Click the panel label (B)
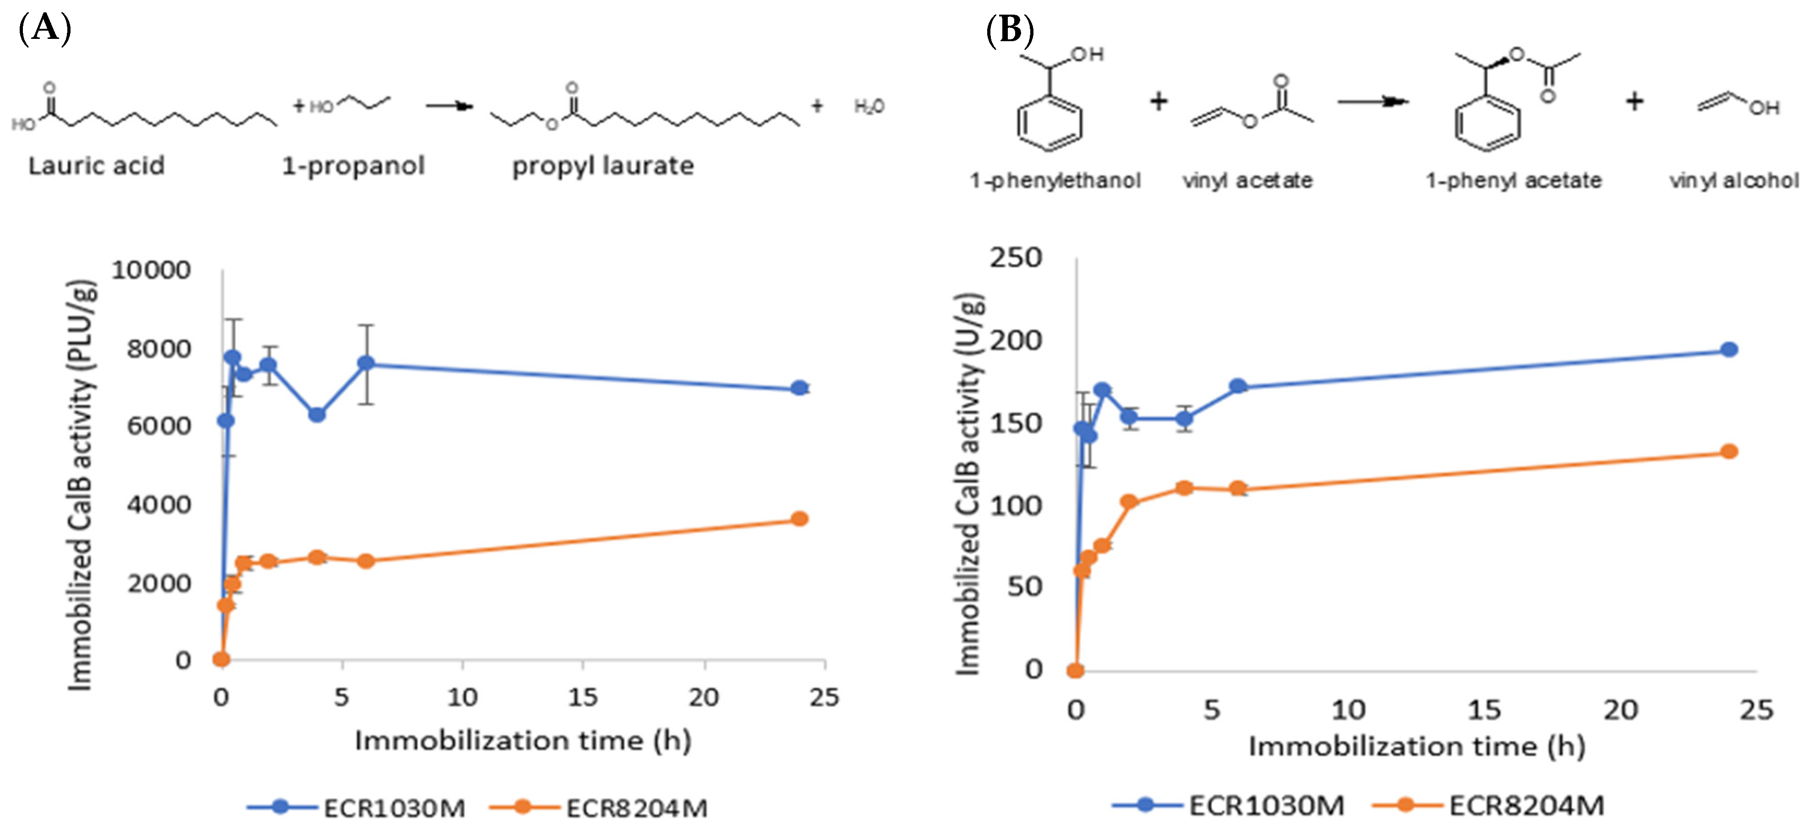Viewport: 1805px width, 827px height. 1010,29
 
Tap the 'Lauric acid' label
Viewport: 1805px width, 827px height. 96,166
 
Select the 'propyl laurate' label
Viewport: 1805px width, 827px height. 603,166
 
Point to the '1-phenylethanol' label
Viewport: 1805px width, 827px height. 1055,181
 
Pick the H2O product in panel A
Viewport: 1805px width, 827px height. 869,107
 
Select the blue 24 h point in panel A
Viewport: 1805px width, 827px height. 799,388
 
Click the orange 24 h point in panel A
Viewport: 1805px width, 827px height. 799,519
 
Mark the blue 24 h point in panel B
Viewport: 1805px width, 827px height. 1729,349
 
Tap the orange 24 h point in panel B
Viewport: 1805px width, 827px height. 1729,451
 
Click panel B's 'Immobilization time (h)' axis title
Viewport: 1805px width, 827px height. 1416,746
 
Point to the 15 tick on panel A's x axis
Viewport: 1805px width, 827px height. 582,698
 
